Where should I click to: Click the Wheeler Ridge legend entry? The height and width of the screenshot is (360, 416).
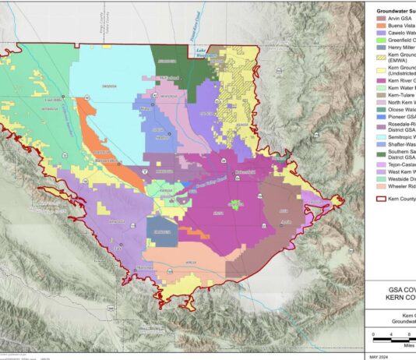coord(394,187)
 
